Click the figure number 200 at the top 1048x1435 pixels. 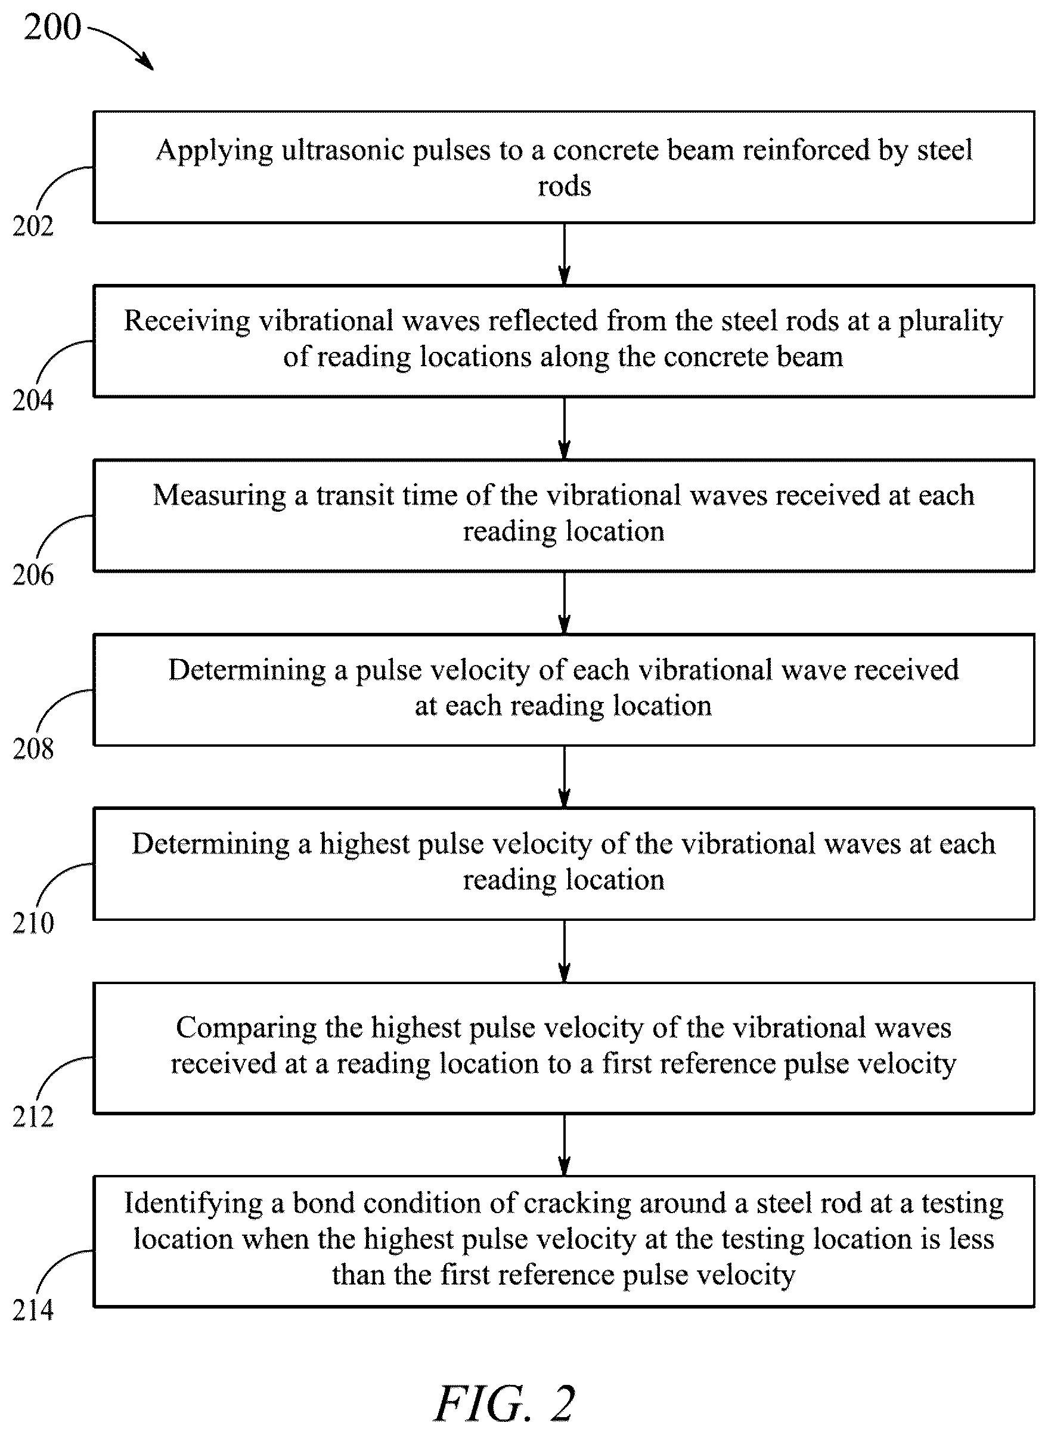[x=52, y=27]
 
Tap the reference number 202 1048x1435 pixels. [x=33, y=227]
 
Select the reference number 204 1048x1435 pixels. [x=33, y=400]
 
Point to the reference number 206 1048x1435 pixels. [x=33, y=575]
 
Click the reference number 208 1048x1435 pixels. [x=33, y=749]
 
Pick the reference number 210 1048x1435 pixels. [x=33, y=923]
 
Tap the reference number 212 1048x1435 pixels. [x=33, y=1117]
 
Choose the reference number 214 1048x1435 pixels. [x=33, y=1310]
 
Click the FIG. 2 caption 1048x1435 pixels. [x=505, y=1404]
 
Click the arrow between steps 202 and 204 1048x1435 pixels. [x=564, y=254]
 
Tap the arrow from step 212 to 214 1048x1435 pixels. [x=564, y=1145]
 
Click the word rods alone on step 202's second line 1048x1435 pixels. [x=564, y=187]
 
